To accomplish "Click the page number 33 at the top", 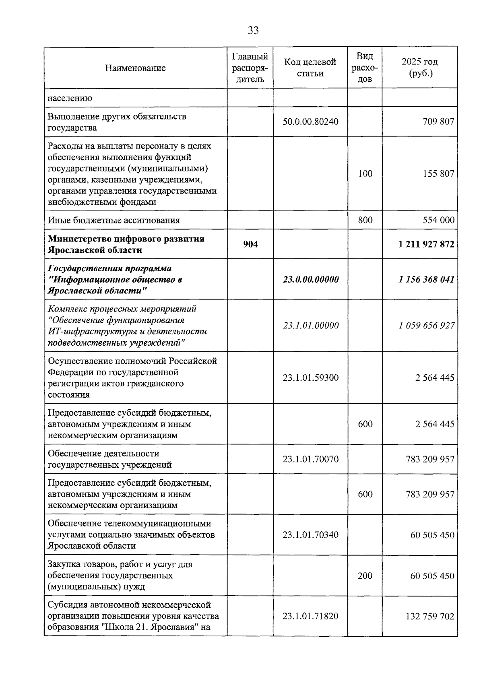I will pos(253,31).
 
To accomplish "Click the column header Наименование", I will pos(135,68).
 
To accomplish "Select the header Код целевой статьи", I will pos(310,68).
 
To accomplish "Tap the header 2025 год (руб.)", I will pos(419,68).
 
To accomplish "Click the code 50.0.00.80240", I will pos(310,122).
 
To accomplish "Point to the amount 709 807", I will pos(438,122).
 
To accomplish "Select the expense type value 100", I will pos(365,174).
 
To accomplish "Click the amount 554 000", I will pos(438,220).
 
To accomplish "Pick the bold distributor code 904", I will pos(250,244).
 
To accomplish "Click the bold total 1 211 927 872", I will pos(427,244).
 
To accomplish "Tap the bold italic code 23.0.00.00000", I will pos(310,279).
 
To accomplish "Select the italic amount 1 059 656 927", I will pos(427,326).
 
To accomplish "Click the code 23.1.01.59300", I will pos(310,378).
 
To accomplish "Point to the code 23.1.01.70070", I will pos(310,459).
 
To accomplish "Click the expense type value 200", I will pos(365,576).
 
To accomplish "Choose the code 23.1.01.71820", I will pos(310,617).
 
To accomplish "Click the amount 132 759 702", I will pos(430,617).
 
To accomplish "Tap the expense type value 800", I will pos(365,220).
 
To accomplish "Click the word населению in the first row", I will pos(70,98).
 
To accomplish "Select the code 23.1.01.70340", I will pos(310,535).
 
